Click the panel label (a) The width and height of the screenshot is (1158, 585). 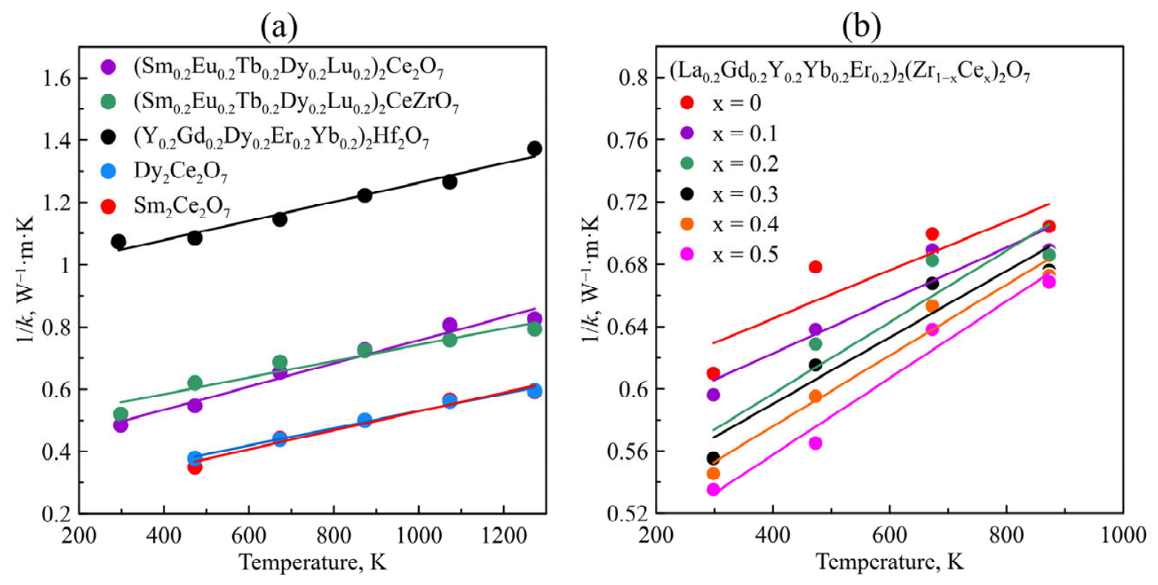pos(279,27)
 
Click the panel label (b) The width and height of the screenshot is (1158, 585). pos(861,27)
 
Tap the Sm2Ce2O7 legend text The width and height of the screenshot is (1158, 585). pos(182,207)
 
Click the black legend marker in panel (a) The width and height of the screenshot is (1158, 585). pos(109,136)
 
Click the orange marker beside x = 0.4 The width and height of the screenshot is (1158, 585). pos(687,224)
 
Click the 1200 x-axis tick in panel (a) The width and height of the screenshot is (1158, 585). pos(503,536)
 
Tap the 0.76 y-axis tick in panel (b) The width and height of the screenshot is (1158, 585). pos(627,141)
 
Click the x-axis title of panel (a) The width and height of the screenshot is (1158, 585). pos(313,562)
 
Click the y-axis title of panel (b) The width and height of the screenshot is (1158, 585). pos(591,279)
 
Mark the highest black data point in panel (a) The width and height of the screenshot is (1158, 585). pos(534,149)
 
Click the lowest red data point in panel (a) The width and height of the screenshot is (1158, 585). pos(195,467)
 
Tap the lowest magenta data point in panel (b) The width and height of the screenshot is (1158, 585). pos(713,490)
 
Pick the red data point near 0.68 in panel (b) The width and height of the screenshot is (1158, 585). pos(815,267)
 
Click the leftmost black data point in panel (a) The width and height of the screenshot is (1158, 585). pos(118,241)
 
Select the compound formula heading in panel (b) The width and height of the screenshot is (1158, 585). pos(849,73)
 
